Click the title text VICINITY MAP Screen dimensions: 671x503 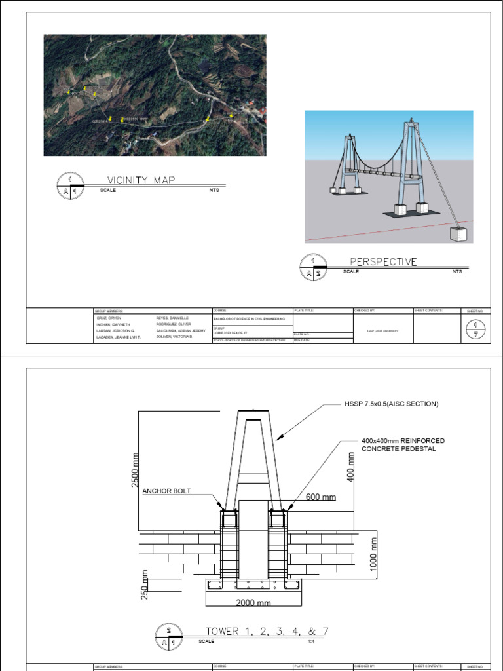pos(141,180)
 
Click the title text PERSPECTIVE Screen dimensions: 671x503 pos(383,261)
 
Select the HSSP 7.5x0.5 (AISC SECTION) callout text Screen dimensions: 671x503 pos(392,404)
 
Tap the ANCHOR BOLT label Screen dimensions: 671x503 pos(166,491)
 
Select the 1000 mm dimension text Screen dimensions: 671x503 pos(374,554)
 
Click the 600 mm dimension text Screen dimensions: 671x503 pos(320,497)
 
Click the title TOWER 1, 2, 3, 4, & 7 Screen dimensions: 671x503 pos(267,632)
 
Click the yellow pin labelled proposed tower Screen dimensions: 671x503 pos(122,119)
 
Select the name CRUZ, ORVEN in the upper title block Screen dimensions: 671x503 pos(106,318)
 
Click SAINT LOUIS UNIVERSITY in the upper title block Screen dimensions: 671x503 pos(382,331)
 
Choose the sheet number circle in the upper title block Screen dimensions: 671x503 pos(474,327)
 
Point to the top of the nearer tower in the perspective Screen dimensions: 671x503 pos(411,121)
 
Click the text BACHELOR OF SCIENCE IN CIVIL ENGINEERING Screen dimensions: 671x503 pos(250,318)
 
